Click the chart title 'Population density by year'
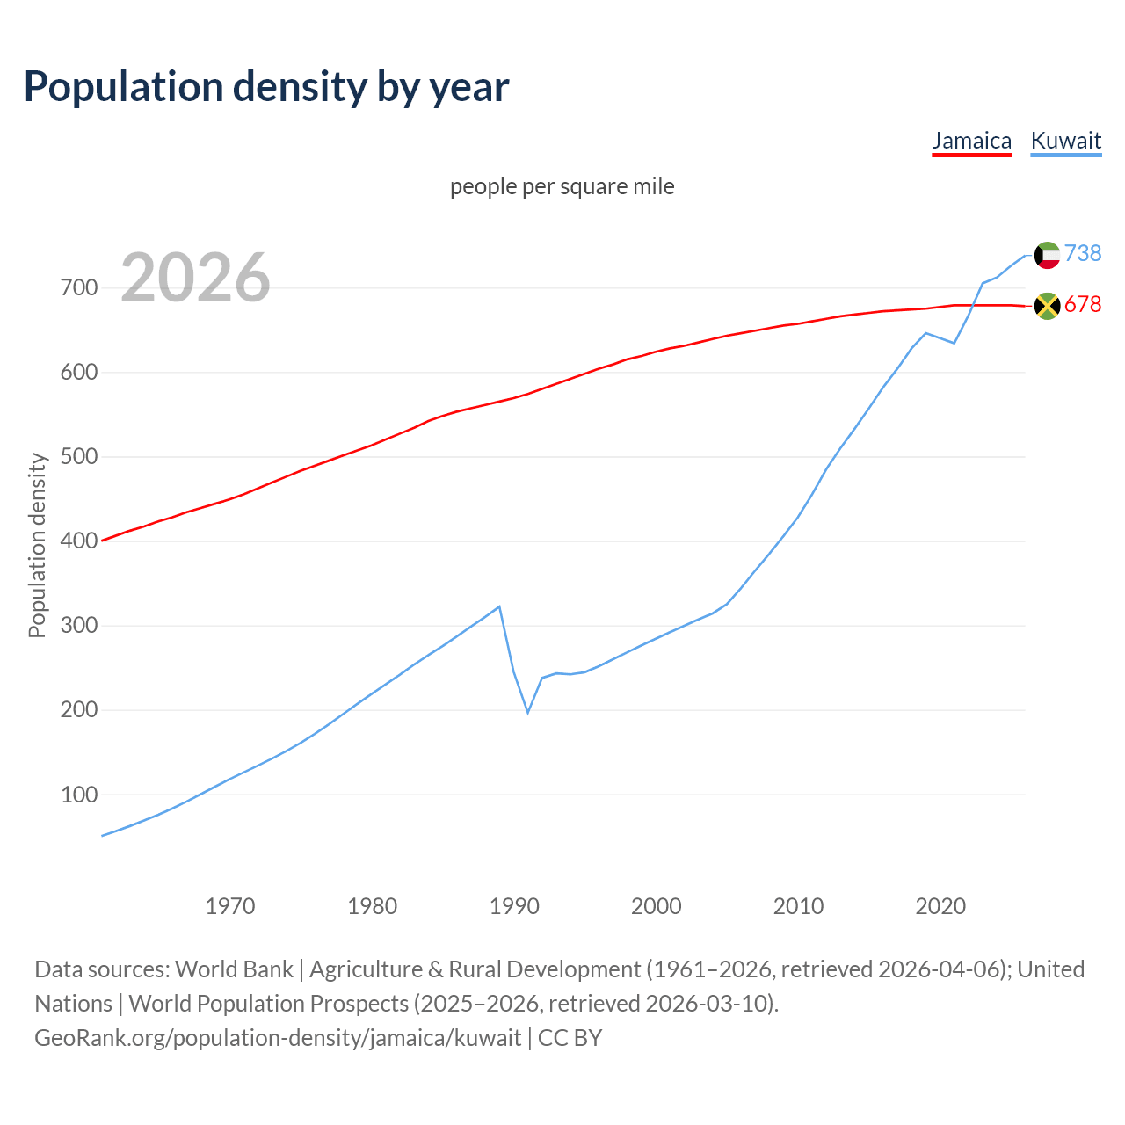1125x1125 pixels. [266, 87]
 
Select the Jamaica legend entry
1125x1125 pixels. [971, 141]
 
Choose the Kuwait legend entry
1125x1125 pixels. [1065, 141]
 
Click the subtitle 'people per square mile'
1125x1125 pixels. [562, 187]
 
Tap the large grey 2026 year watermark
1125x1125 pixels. [195, 278]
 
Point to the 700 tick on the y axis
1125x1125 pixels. [78, 288]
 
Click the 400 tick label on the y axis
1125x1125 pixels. [78, 541]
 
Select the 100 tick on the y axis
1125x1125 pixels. [78, 795]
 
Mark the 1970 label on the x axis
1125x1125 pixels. [230, 906]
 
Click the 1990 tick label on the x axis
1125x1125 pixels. [514, 906]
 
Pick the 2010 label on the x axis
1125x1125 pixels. [798, 906]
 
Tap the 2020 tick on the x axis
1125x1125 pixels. [940, 906]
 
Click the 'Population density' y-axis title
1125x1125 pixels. [37, 545]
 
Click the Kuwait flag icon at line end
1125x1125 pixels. [1047, 255]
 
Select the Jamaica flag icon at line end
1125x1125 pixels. [1047, 306]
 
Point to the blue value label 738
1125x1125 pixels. [1083, 254]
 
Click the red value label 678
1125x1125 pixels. [1083, 305]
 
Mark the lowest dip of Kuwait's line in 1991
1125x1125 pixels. [528, 712]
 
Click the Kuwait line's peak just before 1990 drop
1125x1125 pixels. [499, 606]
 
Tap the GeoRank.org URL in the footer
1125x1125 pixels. [278, 1038]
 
